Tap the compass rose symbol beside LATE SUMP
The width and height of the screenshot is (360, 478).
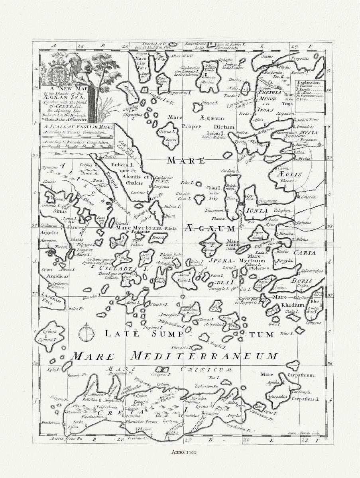[86, 334]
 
